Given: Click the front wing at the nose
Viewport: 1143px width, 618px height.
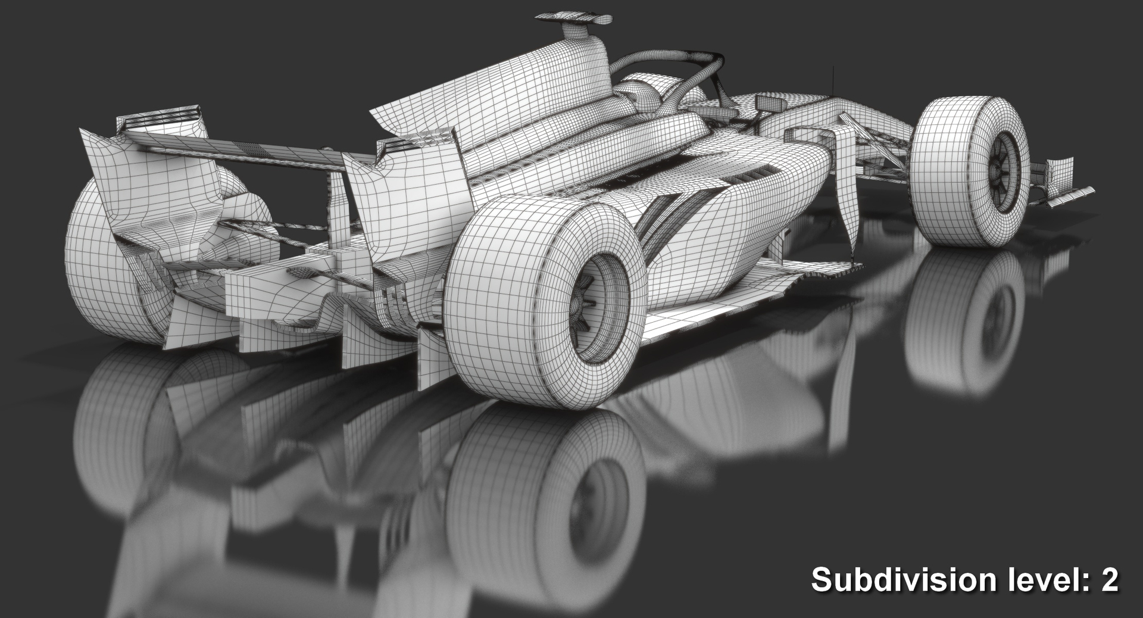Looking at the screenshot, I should [x=1066, y=185].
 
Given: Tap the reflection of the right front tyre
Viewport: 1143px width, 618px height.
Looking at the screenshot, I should [x=964, y=322].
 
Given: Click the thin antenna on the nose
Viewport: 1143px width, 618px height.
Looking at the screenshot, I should [x=833, y=80].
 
